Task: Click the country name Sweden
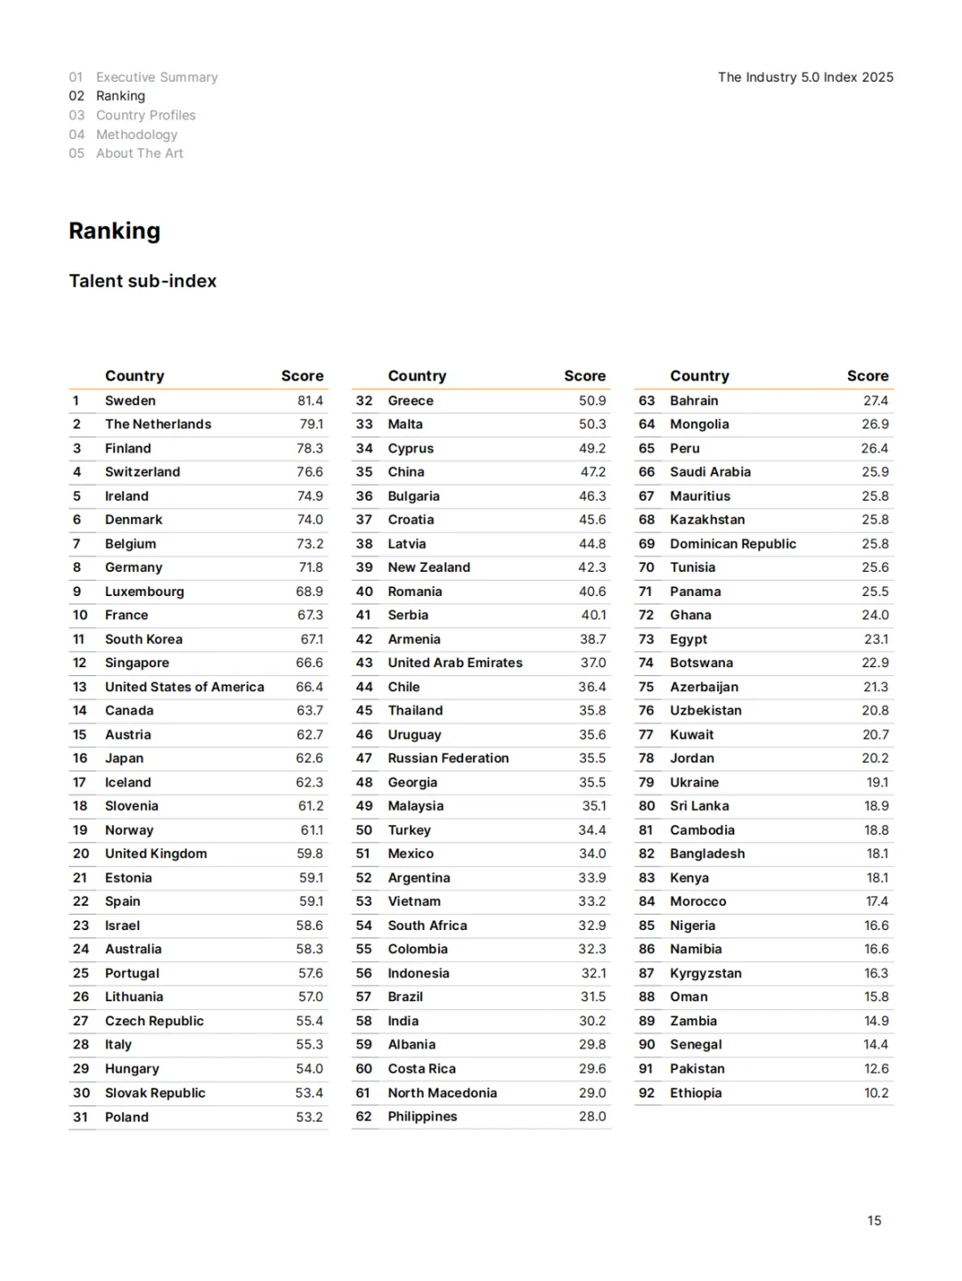pyautogui.click(x=130, y=401)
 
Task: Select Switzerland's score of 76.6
pyautogui.click(x=309, y=472)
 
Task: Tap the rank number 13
pyautogui.click(x=80, y=687)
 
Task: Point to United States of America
pyautogui.click(x=184, y=687)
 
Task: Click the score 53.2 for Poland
pyautogui.click(x=309, y=1117)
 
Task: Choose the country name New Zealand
pyautogui.click(x=428, y=567)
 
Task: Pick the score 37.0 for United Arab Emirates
pyautogui.click(x=592, y=663)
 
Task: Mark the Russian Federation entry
pyautogui.click(x=448, y=758)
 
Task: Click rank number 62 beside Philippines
pyautogui.click(x=363, y=1116)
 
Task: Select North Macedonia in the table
pyautogui.click(x=442, y=1093)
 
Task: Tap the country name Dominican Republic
pyautogui.click(x=733, y=543)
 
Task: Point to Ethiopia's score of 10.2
pyautogui.click(x=876, y=1093)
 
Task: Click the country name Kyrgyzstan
pyautogui.click(x=705, y=974)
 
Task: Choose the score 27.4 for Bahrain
pyautogui.click(x=876, y=401)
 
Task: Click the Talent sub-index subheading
pyautogui.click(x=143, y=281)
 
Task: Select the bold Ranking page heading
pyautogui.click(x=114, y=231)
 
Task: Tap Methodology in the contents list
pyautogui.click(x=136, y=135)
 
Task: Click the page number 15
pyautogui.click(x=874, y=1220)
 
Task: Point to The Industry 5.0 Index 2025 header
pyautogui.click(x=805, y=78)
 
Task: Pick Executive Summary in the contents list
pyautogui.click(x=157, y=78)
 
